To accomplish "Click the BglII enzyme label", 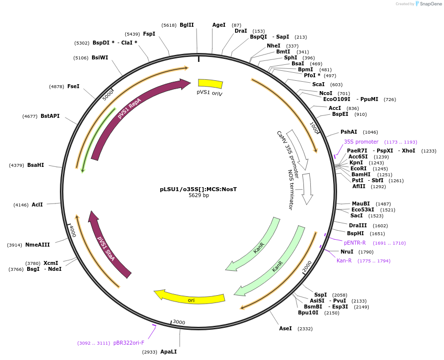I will [187, 25].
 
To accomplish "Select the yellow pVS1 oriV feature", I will [210, 84].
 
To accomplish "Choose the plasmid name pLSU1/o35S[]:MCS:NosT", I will [198, 189].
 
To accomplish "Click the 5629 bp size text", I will [198, 196].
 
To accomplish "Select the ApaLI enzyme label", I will [168, 352].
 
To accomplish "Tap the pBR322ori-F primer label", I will [129, 343].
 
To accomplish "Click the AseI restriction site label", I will [286, 328].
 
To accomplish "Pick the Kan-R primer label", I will [344, 260].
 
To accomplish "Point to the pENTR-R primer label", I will [355, 243].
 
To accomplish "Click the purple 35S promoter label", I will [361, 142].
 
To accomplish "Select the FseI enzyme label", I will [73, 86].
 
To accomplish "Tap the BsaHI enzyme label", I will [36, 165].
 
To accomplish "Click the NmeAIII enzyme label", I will [38, 245].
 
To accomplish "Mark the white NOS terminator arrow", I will [307, 188].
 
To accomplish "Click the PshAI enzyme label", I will [348, 132].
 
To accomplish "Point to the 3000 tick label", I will [179, 322].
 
